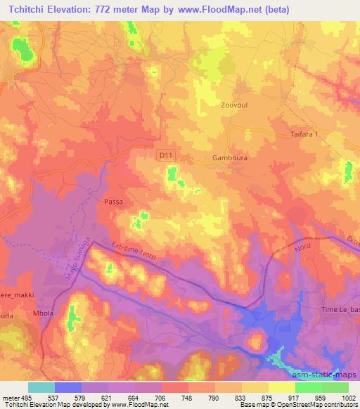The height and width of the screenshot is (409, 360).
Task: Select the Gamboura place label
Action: pos(230,159)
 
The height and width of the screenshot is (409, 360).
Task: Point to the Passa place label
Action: pos(114,202)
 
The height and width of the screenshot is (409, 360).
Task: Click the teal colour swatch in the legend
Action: pos(41,387)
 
